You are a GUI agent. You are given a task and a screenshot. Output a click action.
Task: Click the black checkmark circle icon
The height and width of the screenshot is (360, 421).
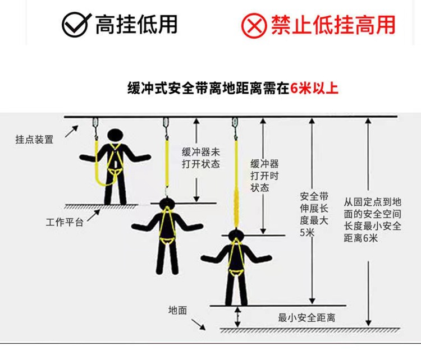pyautogui.click(x=76, y=25)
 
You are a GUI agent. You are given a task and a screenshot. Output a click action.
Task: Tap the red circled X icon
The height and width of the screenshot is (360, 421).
pyautogui.click(x=254, y=25)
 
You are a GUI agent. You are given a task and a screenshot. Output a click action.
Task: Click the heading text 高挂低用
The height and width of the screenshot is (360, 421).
pyautogui.click(x=136, y=25)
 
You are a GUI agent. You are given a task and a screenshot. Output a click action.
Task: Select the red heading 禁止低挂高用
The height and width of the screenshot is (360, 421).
pyautogui.click(x=333, y=25)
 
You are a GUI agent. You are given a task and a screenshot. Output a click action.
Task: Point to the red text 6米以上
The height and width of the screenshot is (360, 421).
pyautogui.click(x=314, y=88)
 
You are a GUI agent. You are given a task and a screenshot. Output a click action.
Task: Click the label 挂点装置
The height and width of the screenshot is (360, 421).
pyautogui.click(x=34, y=140)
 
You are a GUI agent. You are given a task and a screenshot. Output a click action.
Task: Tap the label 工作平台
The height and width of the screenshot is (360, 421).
pyautogui.click(x=65, y=222)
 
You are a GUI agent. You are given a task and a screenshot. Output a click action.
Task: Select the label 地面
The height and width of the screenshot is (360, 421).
pyautogui.click(x=177, y=310)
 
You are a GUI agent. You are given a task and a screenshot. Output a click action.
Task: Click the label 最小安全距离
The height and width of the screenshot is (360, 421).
pyautogui.click(x=306, y=317)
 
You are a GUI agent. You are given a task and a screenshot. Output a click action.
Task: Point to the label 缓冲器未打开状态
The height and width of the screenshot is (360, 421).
pyautogui.click(x=201, y=158)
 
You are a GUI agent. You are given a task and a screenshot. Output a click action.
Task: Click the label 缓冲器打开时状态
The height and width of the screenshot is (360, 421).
pyautogui.click(x=264, y=176)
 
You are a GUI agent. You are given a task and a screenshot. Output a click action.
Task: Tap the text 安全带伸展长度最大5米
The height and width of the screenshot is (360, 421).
pyautogui.click(x=314, y=214)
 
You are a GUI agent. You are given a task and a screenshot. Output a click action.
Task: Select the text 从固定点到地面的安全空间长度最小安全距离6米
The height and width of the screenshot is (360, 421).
pyautogui.click(x=372, y=220)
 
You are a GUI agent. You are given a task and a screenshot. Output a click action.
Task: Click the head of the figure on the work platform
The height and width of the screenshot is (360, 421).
pyautogui.click(x=115, y=135)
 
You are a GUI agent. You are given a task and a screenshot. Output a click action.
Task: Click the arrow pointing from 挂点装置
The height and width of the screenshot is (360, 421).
pyautogui.click(x=72, y=131)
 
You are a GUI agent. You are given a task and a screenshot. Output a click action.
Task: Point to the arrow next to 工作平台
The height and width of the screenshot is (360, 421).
pyautogui.click(x=94, y=215)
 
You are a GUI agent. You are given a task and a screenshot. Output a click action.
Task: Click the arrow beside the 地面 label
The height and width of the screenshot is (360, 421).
pyautogui.click(x=198, y=325)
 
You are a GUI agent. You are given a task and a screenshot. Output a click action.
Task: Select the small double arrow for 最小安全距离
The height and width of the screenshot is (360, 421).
pyautogui.click(x=237, y=317)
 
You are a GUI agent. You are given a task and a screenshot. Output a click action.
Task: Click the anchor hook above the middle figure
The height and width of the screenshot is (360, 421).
pyautogui.click(x=166, y=128)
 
